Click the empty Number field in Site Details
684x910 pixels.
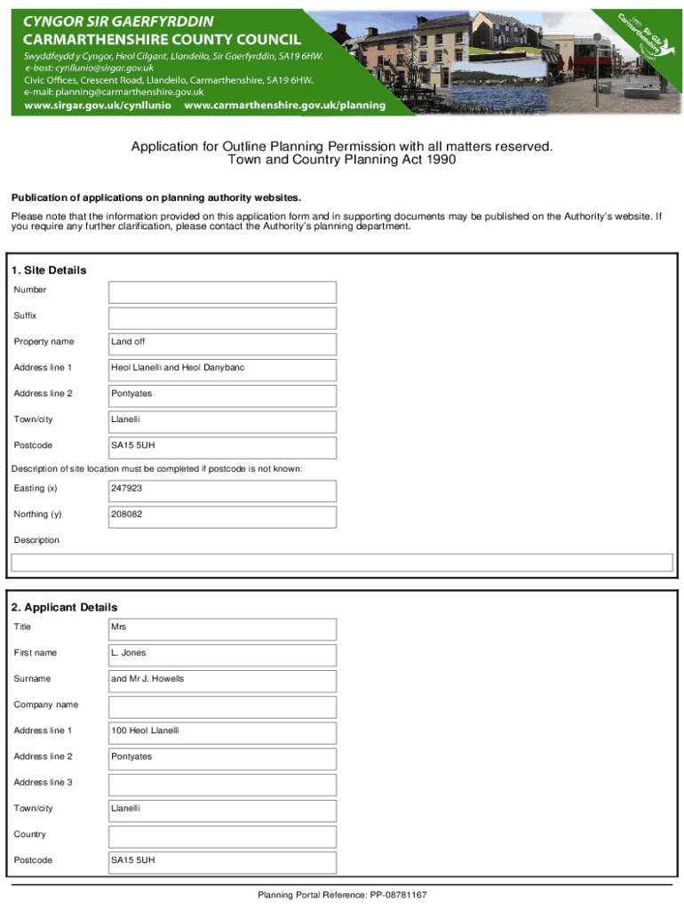pyautogui.click(x=222, y=292)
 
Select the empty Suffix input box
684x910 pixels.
pyautogui.click(x=222, y=318)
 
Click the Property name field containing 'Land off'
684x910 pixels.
pyautogui.click(x=222, y=344)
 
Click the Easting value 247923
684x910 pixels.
pyautogui.click(x=222, y=491)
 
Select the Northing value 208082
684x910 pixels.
pyautogui.click(x=222, y=516)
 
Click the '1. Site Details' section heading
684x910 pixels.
pyautogui.click(x=49, y=270)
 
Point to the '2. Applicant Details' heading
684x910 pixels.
pyautogui.click(x=64, y=607)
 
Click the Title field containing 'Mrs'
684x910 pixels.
pyautogui.click(x=222, y=629)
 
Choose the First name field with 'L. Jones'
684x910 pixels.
pyautogui.click(x=222, y=655)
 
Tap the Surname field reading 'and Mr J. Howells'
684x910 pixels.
pyautogui.click(x=222, y=681)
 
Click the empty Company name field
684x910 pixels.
pyautogui.click(x=222, y=706)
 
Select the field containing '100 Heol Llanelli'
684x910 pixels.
pyautogui.click(x=222, y=732)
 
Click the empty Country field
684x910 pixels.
pyautogui.click(x=222, y=836)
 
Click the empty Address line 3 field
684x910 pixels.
pyautogui.click(x=222, y=785)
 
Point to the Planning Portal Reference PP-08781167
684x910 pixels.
pyautogui.click(x=342, y=895)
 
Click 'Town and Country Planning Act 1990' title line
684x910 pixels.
pyautogui.click(x=342, y=160)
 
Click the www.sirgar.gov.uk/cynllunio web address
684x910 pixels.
pyautogui.click(x=98, y=105)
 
